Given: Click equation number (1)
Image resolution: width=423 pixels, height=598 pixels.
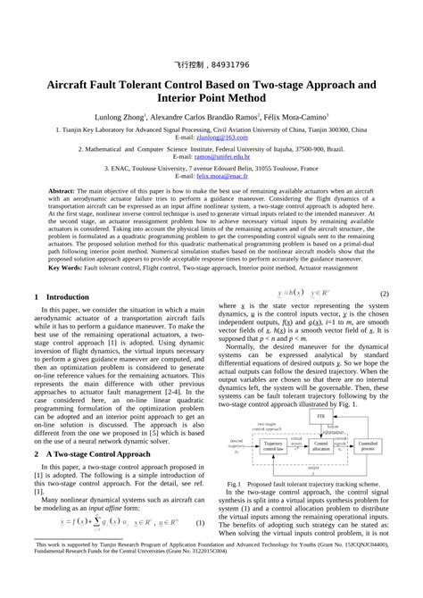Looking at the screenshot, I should coord(201,522).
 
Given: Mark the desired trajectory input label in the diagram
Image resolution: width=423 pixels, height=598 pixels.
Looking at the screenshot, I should coord(236,443).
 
